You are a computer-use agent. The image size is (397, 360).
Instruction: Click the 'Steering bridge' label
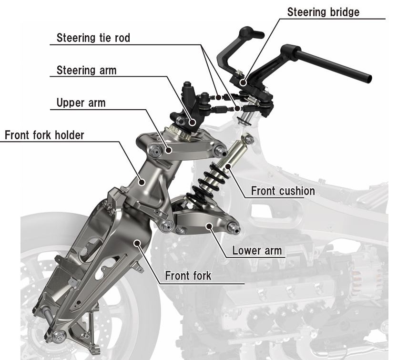(323, 12)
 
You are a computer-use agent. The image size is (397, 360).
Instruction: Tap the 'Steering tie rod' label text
(93, 38)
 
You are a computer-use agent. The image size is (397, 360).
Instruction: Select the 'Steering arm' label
(86, 70)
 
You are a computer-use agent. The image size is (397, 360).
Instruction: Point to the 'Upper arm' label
(81, 103)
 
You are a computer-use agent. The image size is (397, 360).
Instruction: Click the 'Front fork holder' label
(44, 135)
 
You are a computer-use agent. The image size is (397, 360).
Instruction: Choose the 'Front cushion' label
(283, 191)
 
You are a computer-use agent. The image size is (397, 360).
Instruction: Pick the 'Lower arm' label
(257, 250)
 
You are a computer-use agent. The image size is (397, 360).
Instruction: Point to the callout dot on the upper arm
(168, 151)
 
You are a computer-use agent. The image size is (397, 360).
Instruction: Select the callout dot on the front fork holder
(142, 181)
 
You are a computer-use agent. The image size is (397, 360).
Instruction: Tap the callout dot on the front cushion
(228, 166)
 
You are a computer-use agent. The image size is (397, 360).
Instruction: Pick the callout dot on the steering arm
(192, 123)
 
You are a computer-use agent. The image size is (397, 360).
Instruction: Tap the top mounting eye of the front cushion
(248, 139)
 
